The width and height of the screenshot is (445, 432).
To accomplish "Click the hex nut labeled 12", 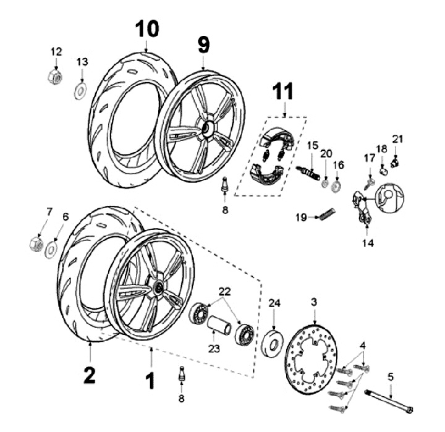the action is tap(55, 77).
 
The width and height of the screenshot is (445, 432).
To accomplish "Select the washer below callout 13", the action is tap(80, 91).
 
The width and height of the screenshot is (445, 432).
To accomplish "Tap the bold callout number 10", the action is tap(147, 29).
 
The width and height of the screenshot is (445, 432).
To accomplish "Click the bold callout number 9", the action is tap(204, 45).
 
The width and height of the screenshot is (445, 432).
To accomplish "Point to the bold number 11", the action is tap(283, 91).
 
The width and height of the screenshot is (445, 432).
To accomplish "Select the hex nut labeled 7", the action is tap(36, 244).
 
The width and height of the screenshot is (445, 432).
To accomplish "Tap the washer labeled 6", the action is tap(51, 250).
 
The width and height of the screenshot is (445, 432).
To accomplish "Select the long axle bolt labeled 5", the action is tap(388, 400).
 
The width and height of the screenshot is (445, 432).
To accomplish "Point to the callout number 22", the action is tap(224, 292).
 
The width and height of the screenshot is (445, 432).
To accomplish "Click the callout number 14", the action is tap(368, 244).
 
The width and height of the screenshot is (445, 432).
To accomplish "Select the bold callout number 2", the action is tap(90, 375).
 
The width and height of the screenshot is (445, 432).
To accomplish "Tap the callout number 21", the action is tap(397, 139).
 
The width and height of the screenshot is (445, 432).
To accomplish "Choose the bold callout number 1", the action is tap(150, 381).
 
